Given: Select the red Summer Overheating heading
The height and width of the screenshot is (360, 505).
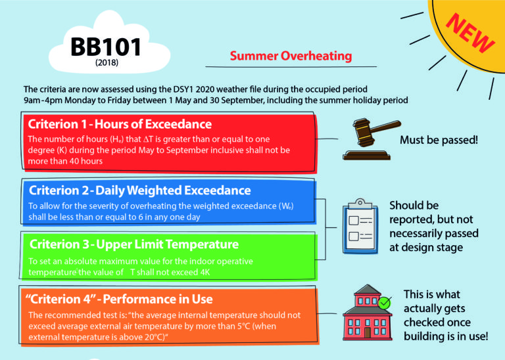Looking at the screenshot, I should tap(291, 56).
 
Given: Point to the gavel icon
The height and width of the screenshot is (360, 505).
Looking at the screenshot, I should tap(366, 139).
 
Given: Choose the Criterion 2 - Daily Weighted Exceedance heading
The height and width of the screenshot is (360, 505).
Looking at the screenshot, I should tap(139, 191).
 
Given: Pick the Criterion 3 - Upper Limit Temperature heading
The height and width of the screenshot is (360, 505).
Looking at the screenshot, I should tap(133, 244).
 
